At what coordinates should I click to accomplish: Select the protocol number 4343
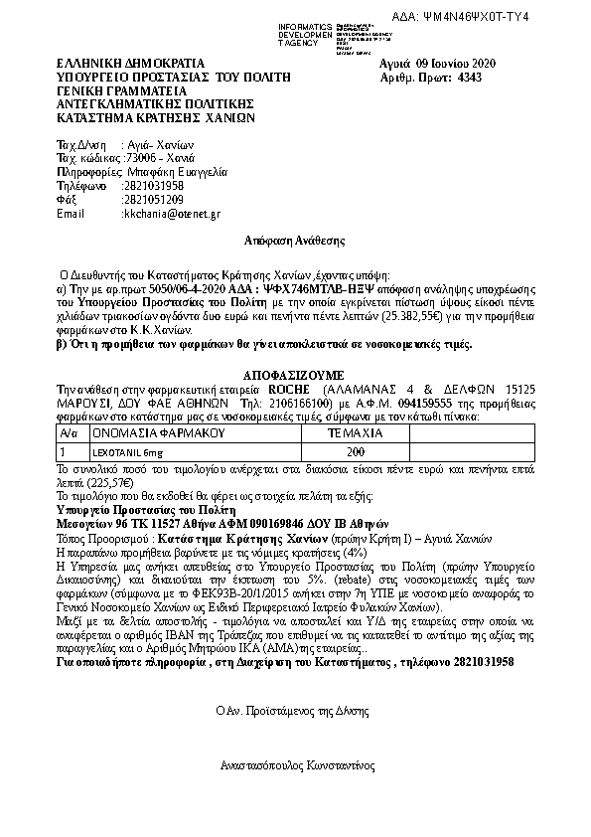tap(471, 76)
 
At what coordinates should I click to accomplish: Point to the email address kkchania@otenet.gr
tap(165, 214)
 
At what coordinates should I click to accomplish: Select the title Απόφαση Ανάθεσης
tap(294, 241)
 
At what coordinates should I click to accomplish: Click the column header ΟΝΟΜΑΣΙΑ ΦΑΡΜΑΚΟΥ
tap(145, 434)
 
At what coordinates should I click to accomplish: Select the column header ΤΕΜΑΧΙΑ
tap(355, 434)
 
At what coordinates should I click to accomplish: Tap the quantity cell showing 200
tap(355, 452)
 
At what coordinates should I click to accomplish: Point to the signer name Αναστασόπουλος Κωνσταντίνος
tap(296, 766)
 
